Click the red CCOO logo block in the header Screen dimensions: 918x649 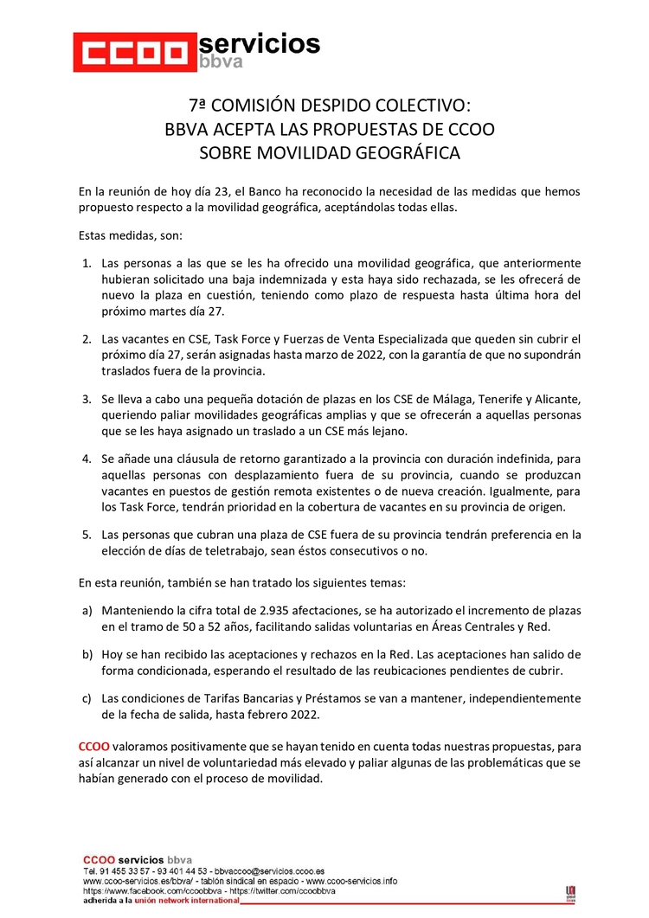pyautogui.click(x=133, y=53)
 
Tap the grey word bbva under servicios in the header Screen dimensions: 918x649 pyautogui.click(x=220, y=61)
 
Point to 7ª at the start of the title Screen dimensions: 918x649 pyautogui.click(x=197, y=106)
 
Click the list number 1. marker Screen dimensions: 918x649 pyautogui.click(x=87, y=262)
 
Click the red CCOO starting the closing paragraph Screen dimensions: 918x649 pyautogui.click(x=93, y=746)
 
